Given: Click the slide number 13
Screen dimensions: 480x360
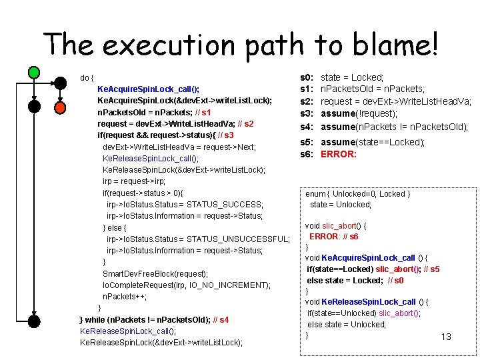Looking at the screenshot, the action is click(x=446, y=337).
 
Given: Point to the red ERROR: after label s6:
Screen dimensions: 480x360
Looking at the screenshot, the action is click(x=339, y=154).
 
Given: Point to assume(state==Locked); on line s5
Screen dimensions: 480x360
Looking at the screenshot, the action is click(x=373, y=142).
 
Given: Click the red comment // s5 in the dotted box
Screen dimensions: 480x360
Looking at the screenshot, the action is click(x=431, y=269).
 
